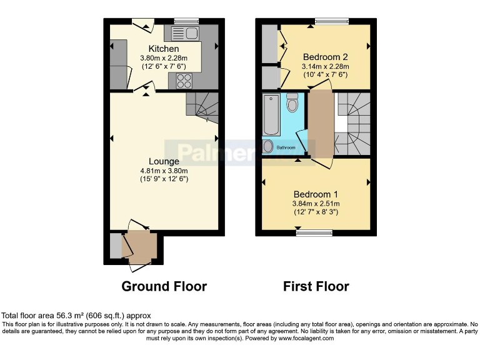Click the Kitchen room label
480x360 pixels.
(164, 49)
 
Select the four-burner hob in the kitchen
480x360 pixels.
(185, 79)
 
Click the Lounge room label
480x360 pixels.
(164, 161)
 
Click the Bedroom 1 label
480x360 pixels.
(316, 193)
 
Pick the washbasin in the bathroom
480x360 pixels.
(269, 146)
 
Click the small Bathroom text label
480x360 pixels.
(286, 147)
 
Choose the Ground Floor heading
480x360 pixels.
(164, 286)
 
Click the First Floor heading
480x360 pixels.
(316, 286)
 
